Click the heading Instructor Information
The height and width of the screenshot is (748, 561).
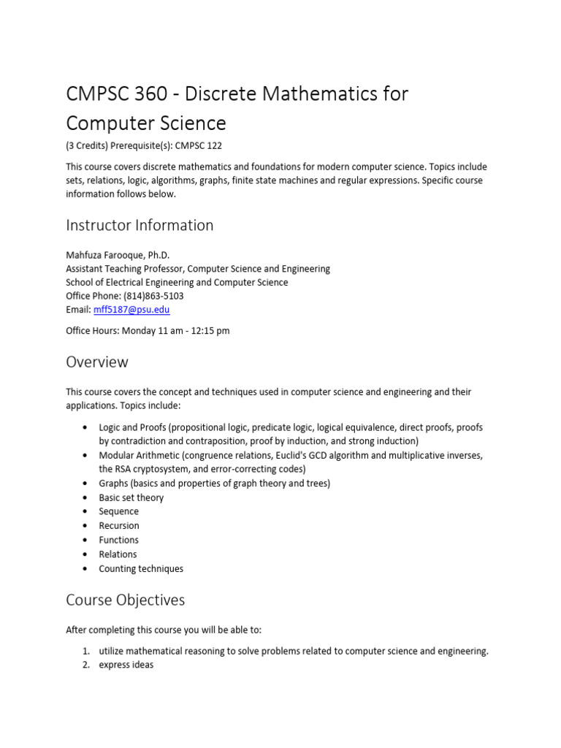click(140, 226)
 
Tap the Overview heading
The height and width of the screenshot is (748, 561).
click(97, 362)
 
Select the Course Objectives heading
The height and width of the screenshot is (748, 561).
click(125, 600)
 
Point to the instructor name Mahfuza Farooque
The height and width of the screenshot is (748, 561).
click(107, 255)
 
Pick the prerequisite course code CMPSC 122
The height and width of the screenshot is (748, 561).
click(201, 146)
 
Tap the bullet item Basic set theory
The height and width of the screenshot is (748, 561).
click(131, 497)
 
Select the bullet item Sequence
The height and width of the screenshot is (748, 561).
click(118, 511)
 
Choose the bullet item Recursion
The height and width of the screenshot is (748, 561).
click(119, 526)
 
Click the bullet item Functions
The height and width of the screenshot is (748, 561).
click(118, 540)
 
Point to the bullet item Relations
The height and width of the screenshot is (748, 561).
click(118, 554)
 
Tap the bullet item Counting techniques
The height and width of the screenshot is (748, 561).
click(141, 568)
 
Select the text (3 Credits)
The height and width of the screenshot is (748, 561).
click(87, 146)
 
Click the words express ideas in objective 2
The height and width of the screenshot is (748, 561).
click(126, 665)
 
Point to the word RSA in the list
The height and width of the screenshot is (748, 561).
click(126, 469)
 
